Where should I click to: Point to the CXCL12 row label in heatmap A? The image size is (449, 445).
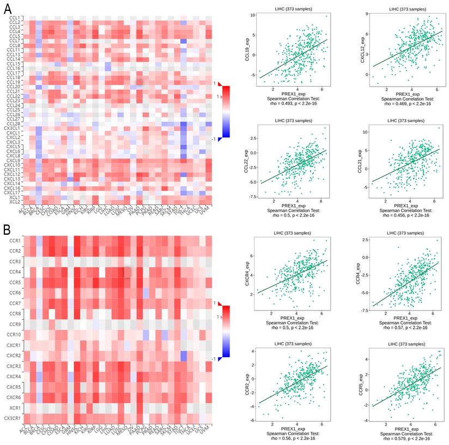(13, 174)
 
